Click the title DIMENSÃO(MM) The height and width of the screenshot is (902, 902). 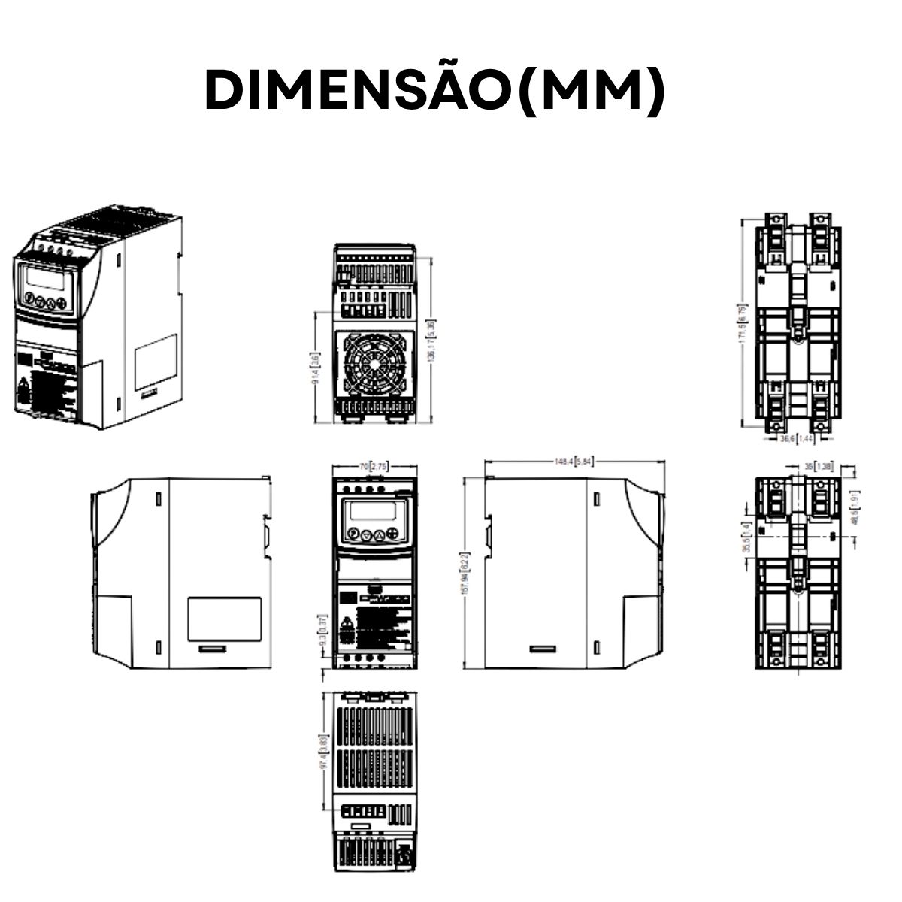click(x=435, y=91)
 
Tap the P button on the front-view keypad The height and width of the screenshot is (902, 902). click(x=352, y=534)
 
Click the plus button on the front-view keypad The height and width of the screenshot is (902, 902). click(x=392, y=534)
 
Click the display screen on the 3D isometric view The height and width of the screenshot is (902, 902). click(x=47, y=280)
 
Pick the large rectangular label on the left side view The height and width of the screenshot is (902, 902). click(x=224, y=619)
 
